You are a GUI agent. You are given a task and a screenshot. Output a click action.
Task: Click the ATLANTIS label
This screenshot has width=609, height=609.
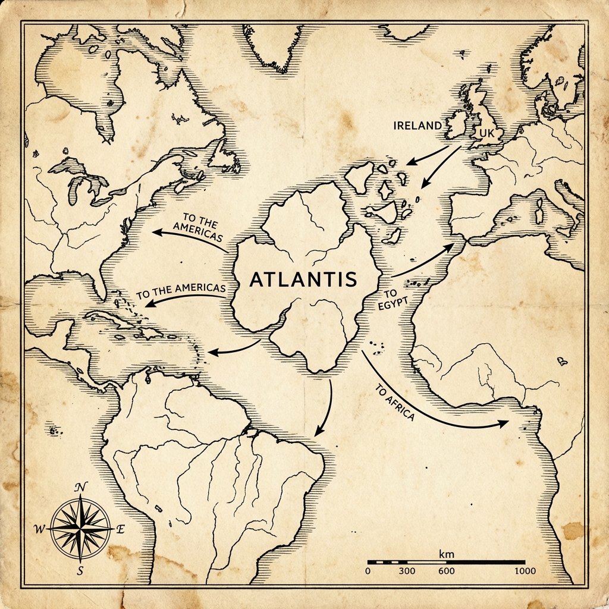(x=303, y=279)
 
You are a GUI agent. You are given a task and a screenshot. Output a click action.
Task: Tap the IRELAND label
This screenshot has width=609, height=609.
(x=417, y=125)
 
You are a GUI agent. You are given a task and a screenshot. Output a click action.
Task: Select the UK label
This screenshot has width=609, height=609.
(x=486, y=134)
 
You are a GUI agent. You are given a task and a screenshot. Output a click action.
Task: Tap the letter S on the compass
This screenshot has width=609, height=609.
(x=80, y=571)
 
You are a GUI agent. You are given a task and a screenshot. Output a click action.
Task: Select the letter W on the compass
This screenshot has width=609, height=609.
(x=39, y=529)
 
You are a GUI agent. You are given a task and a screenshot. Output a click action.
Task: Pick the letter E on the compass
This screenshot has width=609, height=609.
(x=120, y=529)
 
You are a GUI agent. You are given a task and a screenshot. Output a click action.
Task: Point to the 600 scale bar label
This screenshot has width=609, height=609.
(x=446, y=572)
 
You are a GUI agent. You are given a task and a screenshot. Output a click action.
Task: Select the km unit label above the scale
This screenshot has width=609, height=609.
(x=446, y=554)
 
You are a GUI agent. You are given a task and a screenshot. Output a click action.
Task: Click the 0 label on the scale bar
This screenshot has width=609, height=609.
(x=368, y=572)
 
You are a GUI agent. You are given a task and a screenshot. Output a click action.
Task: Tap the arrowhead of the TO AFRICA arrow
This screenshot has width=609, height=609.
(x=504, y=423)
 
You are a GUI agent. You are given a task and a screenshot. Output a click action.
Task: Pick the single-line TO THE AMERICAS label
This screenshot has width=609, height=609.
(x=181, y=291)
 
